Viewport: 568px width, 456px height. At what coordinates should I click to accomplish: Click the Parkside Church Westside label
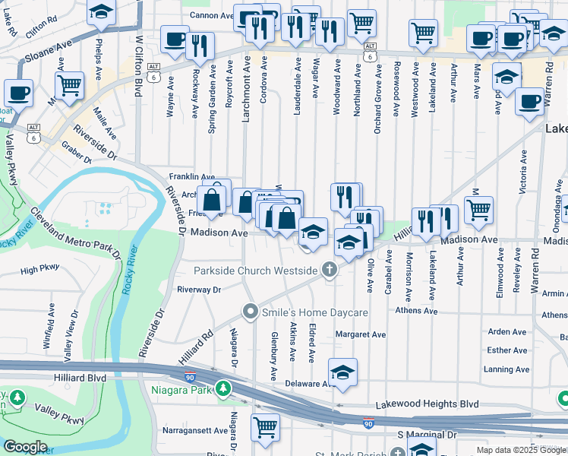point(255,271)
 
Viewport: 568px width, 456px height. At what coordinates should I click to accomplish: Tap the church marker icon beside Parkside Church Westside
point(330,270)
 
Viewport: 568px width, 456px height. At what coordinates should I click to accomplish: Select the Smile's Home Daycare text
point(314,312)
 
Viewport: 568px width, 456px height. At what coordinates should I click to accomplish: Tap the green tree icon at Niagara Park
point(222,389)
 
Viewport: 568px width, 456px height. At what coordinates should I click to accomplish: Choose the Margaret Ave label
point(361,334)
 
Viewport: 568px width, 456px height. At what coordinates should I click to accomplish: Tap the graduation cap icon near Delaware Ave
point(342,372)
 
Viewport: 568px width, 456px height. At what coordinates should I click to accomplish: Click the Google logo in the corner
point(26,447)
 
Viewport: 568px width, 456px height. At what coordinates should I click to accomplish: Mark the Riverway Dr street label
point(198,290)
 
